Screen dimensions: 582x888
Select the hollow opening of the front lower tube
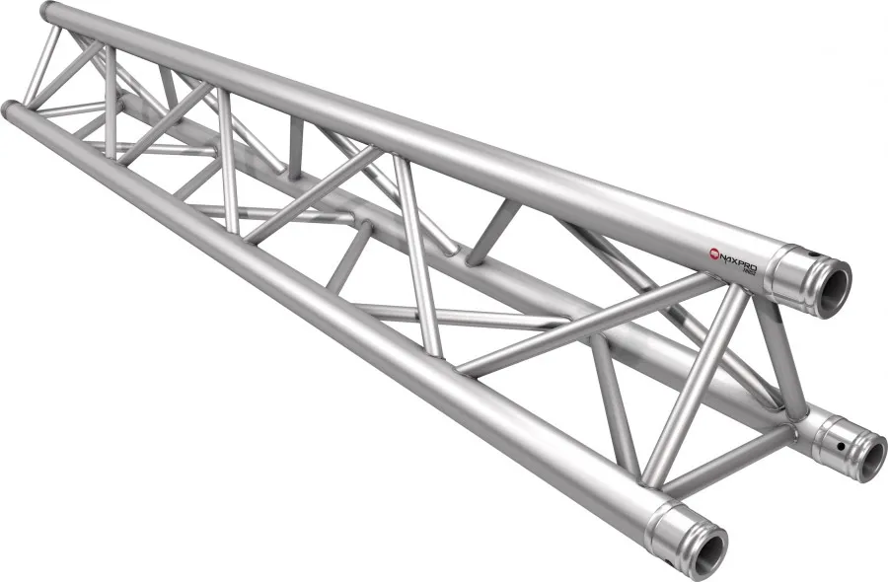[707, 547]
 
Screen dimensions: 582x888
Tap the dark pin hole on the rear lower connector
[840, 445]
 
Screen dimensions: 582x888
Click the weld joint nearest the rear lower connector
[795, 419]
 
